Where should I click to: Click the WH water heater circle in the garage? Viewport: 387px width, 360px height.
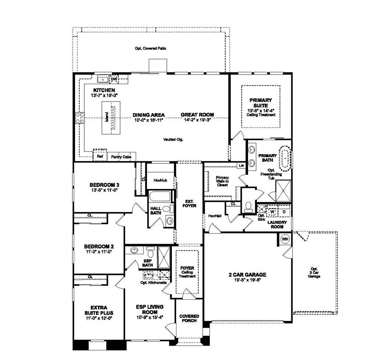tap(285, 240)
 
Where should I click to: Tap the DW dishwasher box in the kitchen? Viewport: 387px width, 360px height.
tap(114, 79)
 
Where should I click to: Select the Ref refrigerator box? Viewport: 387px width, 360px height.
tap(100, 156)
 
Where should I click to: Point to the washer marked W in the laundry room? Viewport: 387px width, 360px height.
tap(273, 211)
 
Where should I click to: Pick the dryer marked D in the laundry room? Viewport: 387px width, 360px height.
tap(283, 211)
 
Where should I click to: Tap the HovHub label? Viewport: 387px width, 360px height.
tap(160, 180)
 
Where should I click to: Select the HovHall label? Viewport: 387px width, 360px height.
tap(215, 216)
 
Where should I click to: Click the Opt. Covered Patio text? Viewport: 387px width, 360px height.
tap(150, 48)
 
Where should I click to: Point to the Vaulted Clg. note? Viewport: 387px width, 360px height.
tap(173, 139)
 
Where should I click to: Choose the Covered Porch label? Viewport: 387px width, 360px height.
tap(189, 319)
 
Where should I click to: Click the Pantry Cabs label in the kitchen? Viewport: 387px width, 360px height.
tap(121, 157)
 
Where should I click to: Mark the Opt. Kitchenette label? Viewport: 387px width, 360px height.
tap(153, 283)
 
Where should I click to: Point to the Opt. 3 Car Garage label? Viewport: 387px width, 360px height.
tap(314, 272)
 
